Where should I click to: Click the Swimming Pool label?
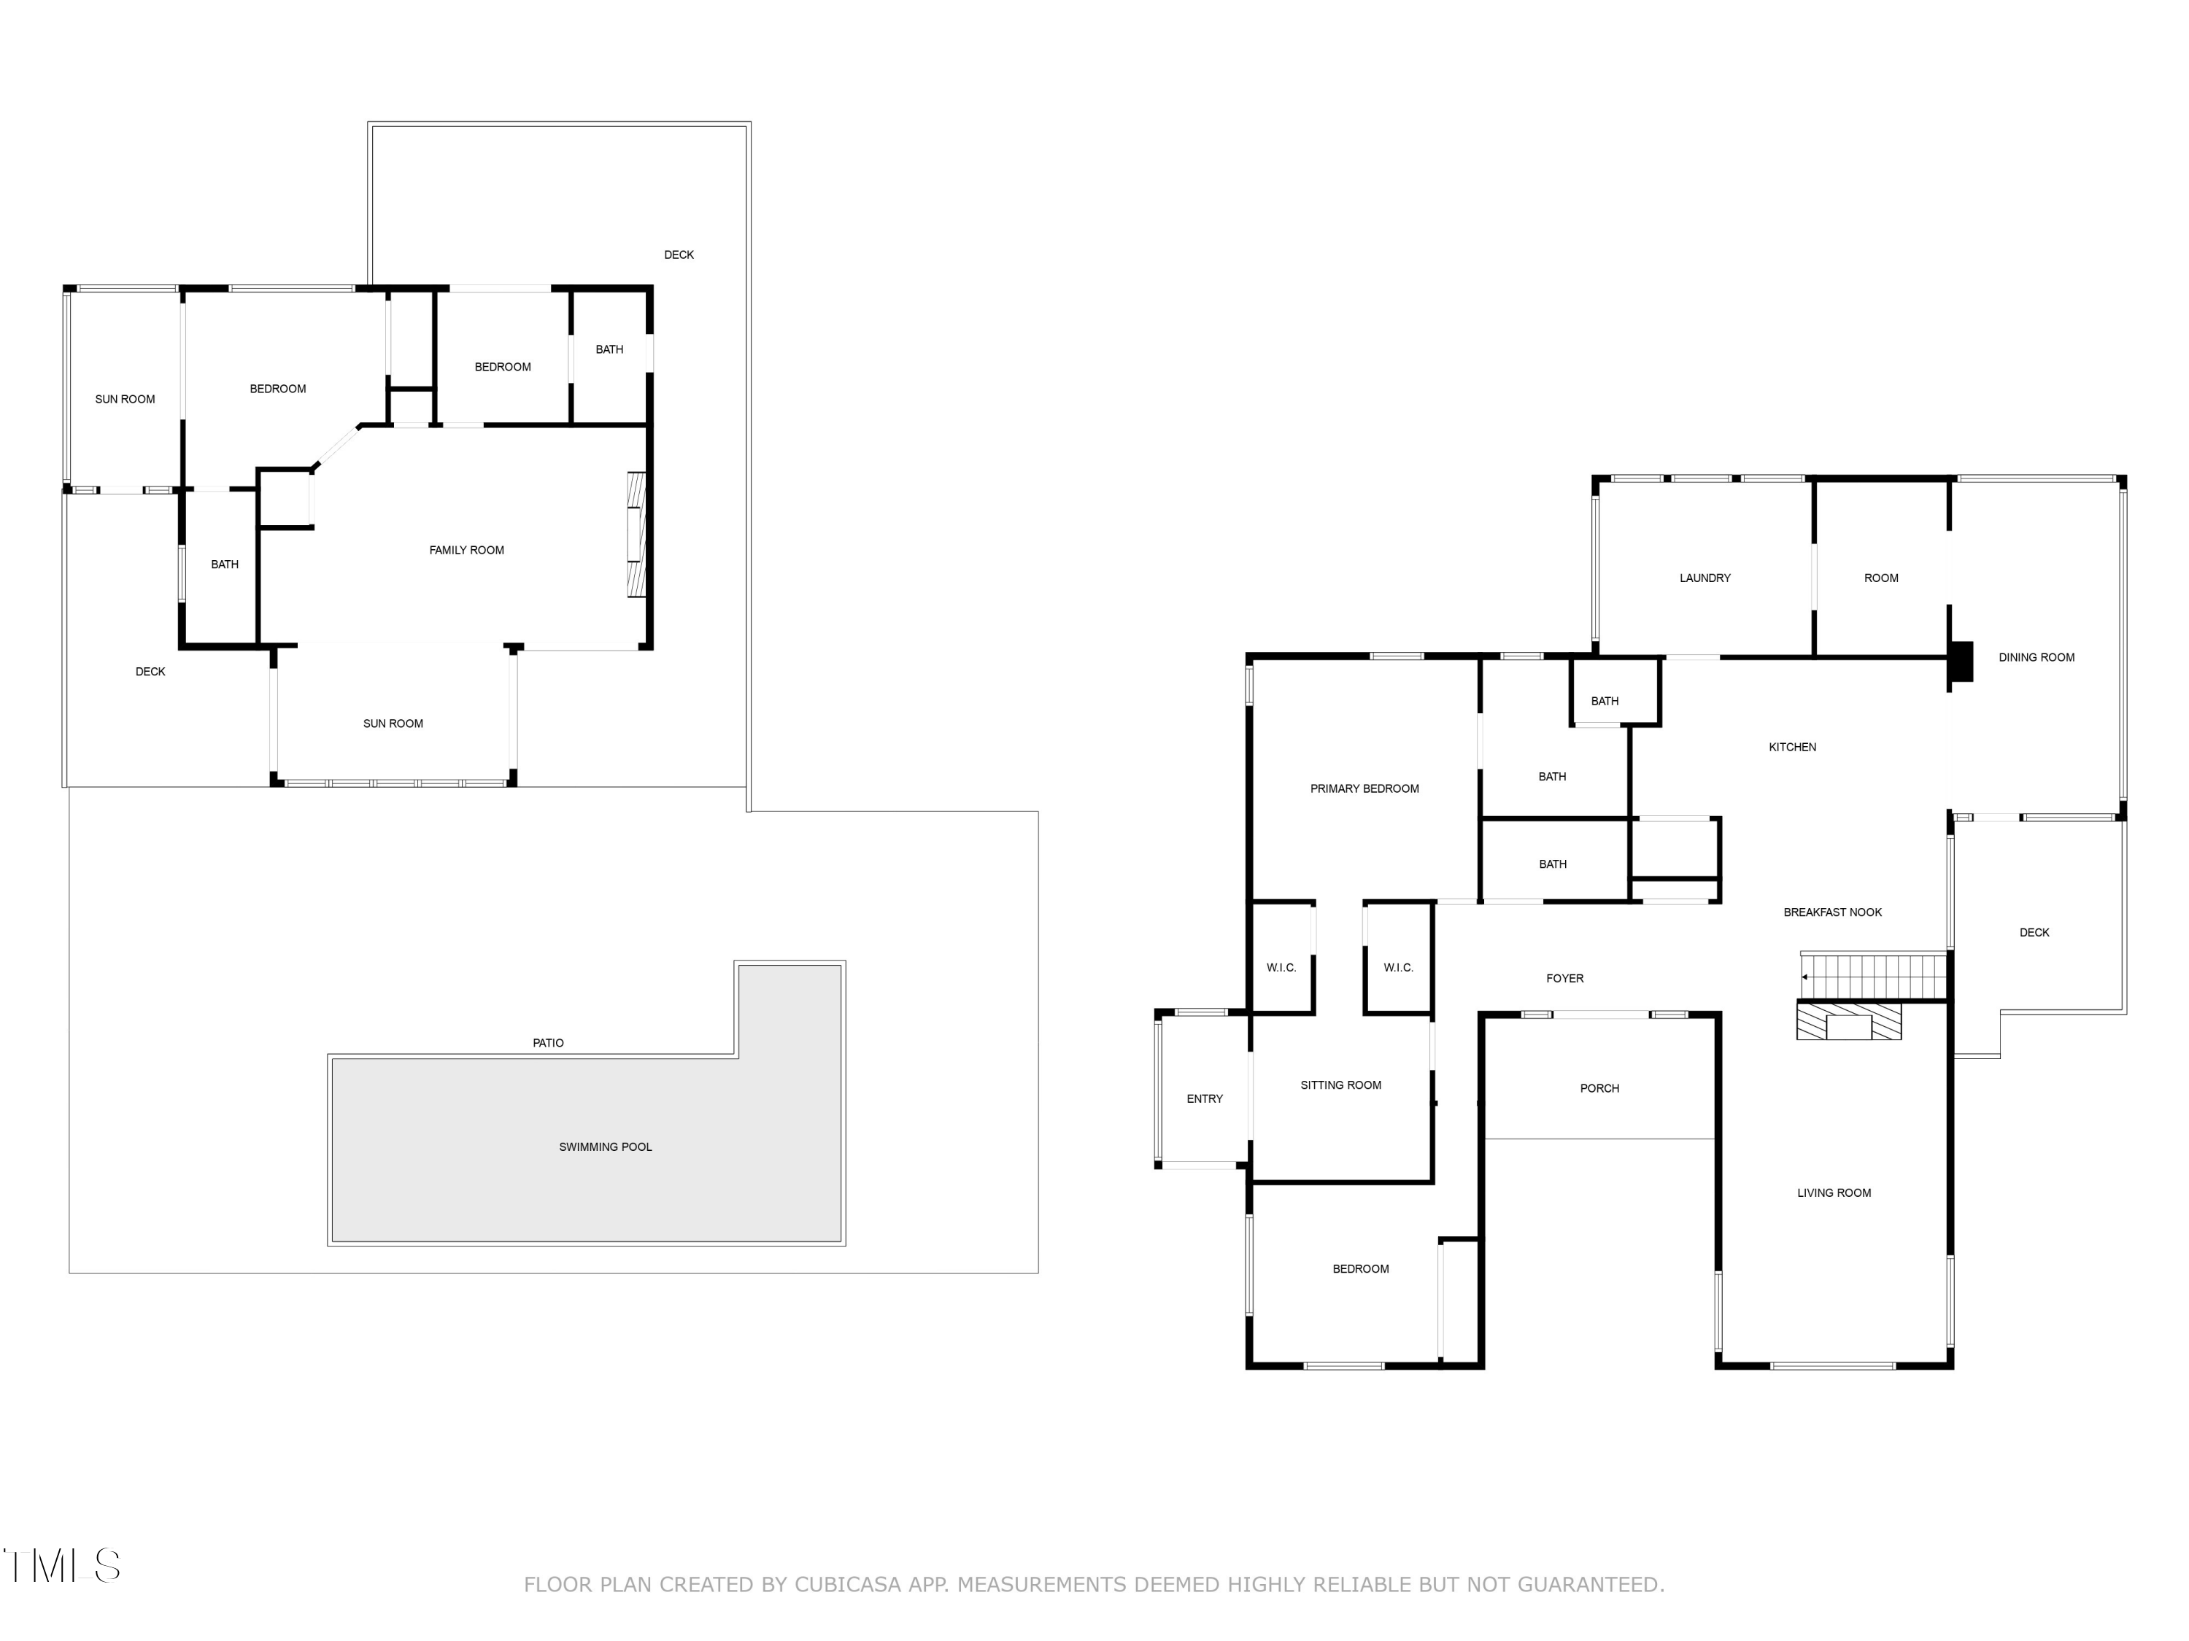[605, 1147]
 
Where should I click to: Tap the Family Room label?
[466, 551]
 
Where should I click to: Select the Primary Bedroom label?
[1364, 789]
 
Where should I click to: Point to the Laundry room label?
[1704, 578]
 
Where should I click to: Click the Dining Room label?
[2036, 658]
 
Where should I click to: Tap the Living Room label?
[1833, 1193]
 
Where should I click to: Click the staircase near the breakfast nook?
[1872, 977]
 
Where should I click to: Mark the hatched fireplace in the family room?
[636, 534]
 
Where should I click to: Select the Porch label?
[1599, 1089]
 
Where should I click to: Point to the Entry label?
[1205, 1099]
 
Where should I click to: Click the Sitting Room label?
[1340, 1085]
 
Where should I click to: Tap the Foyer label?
[1564, 978]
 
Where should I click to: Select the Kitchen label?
[1791, 748]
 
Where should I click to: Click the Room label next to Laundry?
[1880, 578]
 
